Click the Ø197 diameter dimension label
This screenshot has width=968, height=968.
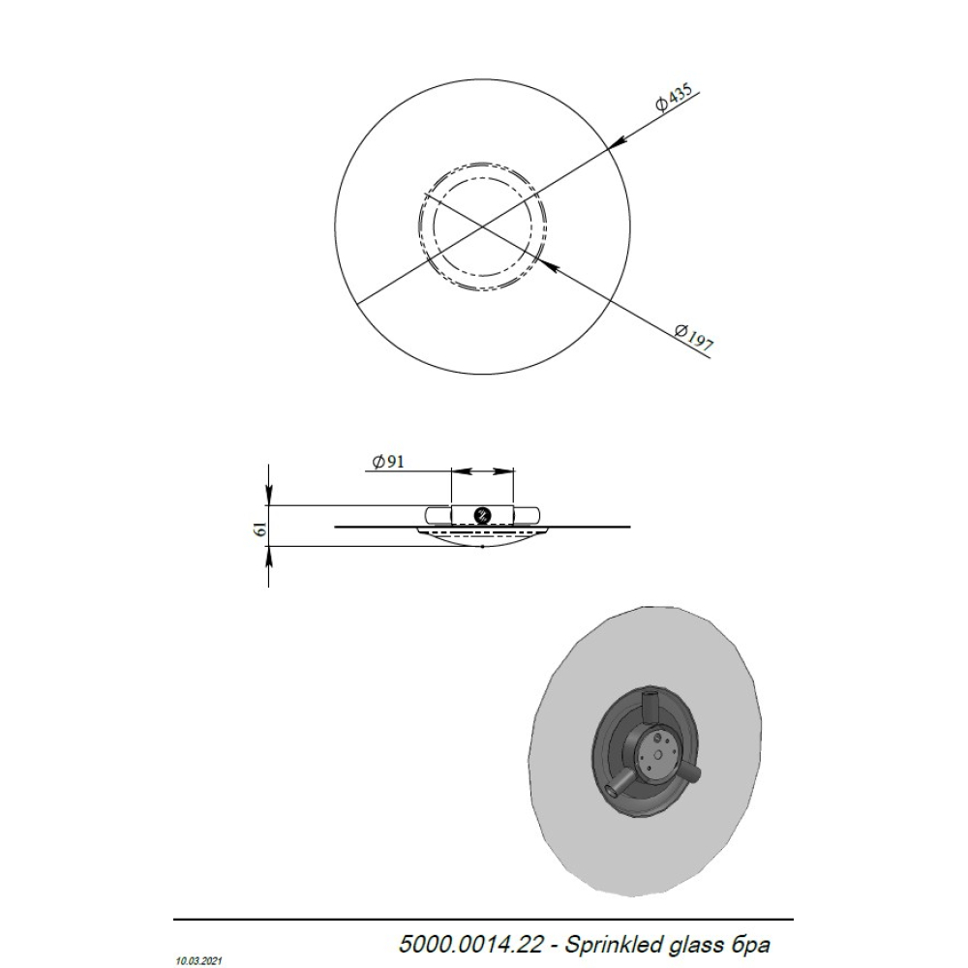click(694, 338)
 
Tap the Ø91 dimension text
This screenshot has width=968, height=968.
click(388, 461)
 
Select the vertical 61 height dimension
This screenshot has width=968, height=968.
click(261, 528)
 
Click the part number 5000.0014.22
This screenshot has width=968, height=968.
click(471, 944)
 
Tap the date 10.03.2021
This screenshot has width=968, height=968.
click(198, 960)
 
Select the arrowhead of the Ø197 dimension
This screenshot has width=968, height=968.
click(548, 265)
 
